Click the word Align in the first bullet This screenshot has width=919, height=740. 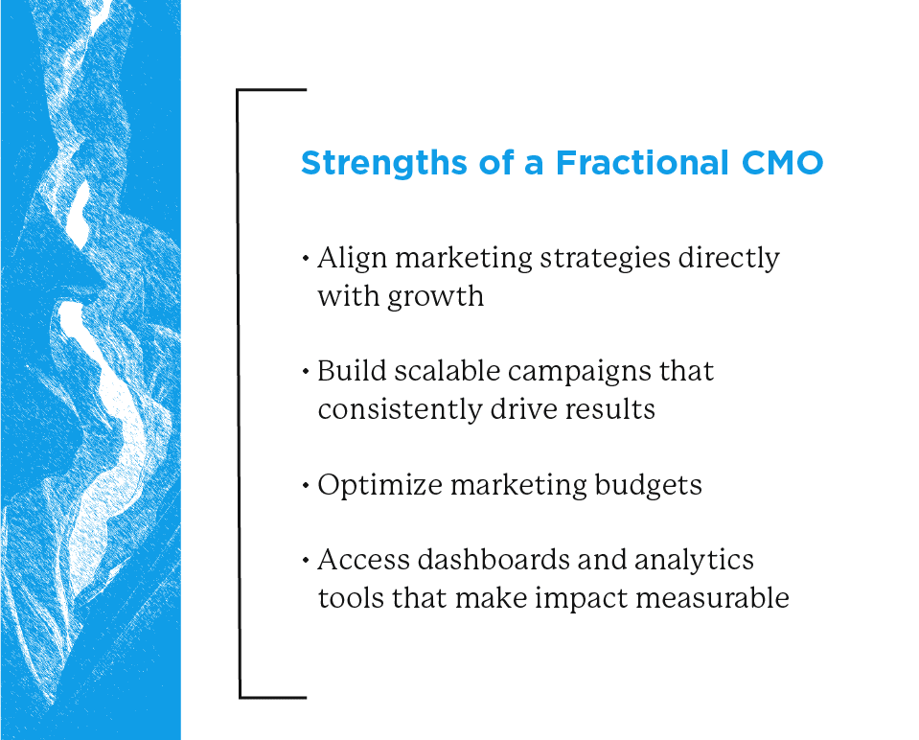[350, 259]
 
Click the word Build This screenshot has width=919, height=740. [349, 372]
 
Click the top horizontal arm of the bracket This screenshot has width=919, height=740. [272, 90]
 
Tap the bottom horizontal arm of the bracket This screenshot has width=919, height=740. [272, 696]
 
